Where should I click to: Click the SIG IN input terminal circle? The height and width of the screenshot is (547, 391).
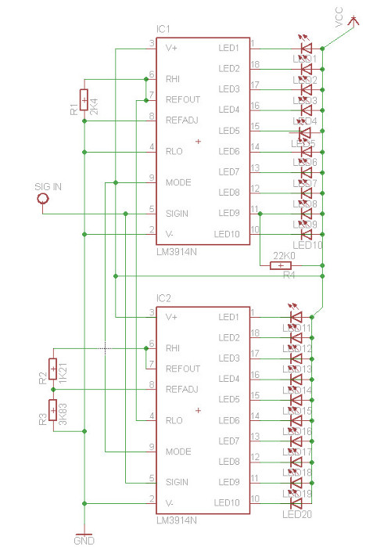(x=43, y=200)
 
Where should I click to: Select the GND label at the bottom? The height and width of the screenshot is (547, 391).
(x=83, y=540)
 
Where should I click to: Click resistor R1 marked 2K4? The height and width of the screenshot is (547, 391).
(x=84, y=102)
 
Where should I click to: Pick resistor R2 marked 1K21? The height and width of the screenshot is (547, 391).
(x=53, y=368)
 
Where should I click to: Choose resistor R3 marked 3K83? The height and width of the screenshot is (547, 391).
(x=53, y=410)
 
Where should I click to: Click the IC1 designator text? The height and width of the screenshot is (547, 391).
(x=164, y=29)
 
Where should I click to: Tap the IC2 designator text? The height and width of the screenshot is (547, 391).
(x=164, y=298)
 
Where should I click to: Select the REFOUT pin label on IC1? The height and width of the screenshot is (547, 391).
(x=182, y=99)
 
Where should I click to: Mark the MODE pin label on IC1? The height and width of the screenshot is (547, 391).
(x=178, y=182)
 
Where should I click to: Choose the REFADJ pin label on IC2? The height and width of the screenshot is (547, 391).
(x=182, y=389)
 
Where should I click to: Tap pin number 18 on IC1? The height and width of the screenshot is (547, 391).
(x=255, y=64)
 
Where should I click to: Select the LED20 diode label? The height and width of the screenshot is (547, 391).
(x=297, y=513)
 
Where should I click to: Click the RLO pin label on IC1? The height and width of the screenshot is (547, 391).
(x=174, y=151)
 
